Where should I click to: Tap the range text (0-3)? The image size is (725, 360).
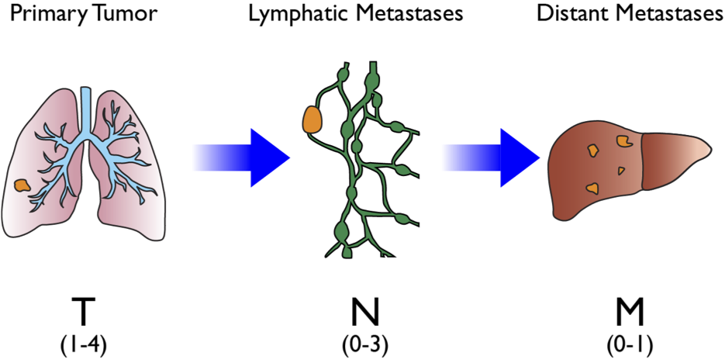click(361, 344)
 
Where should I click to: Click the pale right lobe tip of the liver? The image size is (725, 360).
click(694, 151)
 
